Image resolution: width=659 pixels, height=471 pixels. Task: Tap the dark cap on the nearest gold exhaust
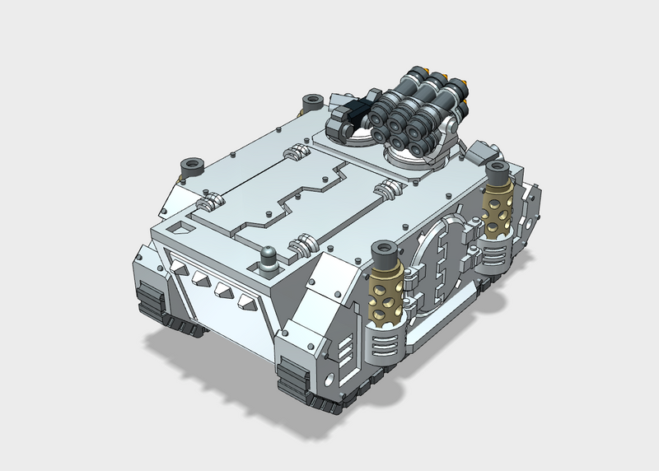(384, 250)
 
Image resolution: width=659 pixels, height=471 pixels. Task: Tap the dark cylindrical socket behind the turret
(311, 104)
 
